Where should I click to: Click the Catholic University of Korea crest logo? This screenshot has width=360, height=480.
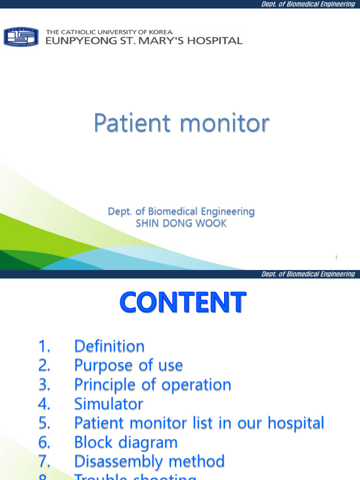point(21,37)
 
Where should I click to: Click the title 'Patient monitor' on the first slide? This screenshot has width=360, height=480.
point(181,123)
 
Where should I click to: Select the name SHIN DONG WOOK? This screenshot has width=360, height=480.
point(181,224)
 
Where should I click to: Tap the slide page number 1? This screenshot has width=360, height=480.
point(337,258)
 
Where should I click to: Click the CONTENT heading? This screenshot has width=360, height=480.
point(181,302)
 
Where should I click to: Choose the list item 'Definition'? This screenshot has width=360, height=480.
point(109,346)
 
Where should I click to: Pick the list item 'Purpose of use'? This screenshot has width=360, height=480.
point(128,366)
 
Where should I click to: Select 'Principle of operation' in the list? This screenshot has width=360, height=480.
point(152,385)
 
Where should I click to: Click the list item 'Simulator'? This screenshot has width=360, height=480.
point(109,404)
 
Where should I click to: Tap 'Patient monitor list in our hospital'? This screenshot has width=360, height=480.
point(199,423)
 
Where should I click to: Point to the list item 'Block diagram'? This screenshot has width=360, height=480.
point(126,442)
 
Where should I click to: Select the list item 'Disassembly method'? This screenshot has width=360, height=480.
point(149,462)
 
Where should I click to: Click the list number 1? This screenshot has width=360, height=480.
point(44,346)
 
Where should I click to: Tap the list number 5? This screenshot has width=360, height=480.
point(44,423)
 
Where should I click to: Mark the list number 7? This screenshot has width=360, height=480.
point(44,462)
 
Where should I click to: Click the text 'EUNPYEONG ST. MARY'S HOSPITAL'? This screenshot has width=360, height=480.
point(144,41)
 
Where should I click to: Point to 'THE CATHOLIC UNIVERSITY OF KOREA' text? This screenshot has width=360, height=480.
point(109,32)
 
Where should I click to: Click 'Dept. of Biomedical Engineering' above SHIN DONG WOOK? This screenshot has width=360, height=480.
point(181,212)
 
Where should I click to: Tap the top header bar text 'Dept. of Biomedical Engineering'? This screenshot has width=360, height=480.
point(307,4)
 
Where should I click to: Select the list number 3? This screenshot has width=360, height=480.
point(44,385)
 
